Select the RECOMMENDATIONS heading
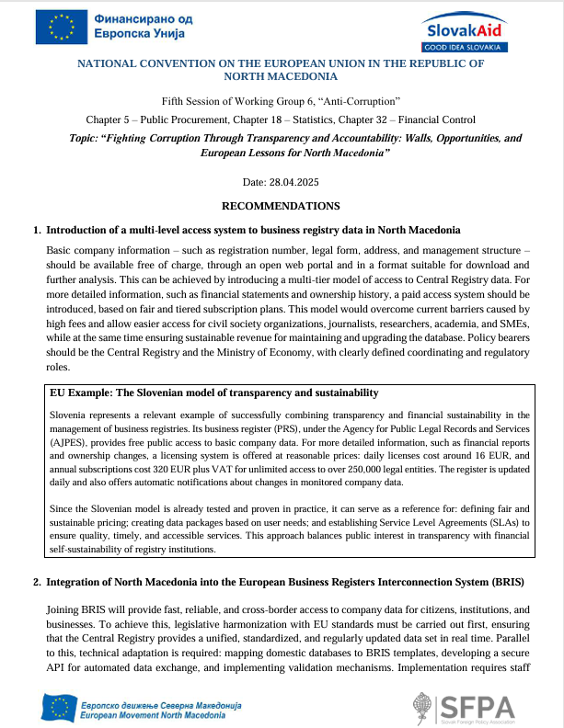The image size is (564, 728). coord(282,206)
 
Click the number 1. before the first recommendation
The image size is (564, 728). coord(37,229)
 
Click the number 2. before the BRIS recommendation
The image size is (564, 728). coord(37,582)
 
